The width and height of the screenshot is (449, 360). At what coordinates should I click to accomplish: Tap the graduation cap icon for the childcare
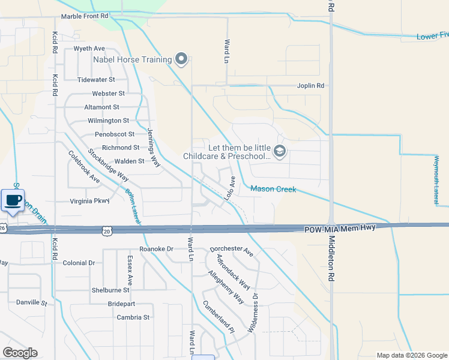pyautogui.click(x=279, y=152)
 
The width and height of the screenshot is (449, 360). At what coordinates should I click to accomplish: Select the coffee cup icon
pyautogui.click(x=13, y=200)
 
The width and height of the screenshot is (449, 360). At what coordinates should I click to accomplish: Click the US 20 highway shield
pyautogui.click(x=107, y=230)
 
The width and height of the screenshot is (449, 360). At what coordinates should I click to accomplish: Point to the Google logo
pyautogui.click(x=20, y=353)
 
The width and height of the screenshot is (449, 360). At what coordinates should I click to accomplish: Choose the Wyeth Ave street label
pyautogui.click(x=89, y=49)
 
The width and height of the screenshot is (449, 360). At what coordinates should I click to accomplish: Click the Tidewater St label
pyautogui.click(x=96, y=80)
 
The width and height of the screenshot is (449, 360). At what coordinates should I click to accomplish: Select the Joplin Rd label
pyautogui.click(x=310, y=86)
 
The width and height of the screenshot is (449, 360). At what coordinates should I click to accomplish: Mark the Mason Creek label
pyautogui.click(x=273, y=189)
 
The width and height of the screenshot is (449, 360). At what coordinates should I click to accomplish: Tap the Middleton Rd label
pyautogui.click(x=331, y=259)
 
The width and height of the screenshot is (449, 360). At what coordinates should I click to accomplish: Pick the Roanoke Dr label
pyautogui.click(x=156, y=248)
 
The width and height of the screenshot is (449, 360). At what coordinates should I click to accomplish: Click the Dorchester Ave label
pyautogui.click(x=232, y=251)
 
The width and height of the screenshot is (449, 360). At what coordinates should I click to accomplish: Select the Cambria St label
pyautogui.click(x=133, y=317)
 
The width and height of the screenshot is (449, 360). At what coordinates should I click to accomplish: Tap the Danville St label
pyautogui.click(x=31, y=303)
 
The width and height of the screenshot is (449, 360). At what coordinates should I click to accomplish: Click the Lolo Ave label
pyautogui.click(x=229, y=188)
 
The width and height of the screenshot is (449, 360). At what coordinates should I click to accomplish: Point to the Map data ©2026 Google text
pyautogui.click(x=411, y=355)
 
